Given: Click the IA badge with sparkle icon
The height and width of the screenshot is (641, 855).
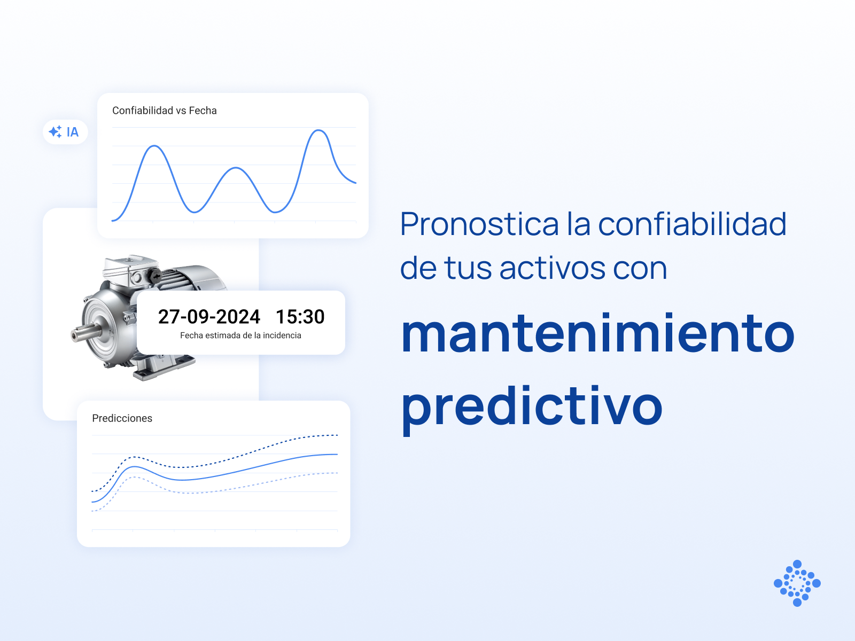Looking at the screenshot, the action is pos(65,132).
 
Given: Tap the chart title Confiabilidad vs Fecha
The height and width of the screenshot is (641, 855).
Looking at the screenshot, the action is pos(165,111).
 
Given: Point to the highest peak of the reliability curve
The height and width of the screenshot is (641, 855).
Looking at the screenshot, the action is pos(318,130).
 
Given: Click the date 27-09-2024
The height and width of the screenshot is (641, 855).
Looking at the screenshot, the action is pos(209,316).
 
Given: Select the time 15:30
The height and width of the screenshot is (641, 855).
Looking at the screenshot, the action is pos(300,316).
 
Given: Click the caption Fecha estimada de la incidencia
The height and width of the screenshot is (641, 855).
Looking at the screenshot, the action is pos(240,335).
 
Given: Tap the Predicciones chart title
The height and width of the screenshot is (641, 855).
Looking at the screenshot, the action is pos(122,418).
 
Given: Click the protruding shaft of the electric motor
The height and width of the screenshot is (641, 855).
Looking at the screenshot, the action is pos(84,333).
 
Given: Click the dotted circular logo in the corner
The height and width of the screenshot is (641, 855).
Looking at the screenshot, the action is pos(797,583).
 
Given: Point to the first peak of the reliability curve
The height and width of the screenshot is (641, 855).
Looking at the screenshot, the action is pos(154,146).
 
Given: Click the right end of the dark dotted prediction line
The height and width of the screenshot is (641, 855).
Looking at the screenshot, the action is pos(337,435).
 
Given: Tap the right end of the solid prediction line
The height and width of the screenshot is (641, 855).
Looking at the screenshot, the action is pos(337,454).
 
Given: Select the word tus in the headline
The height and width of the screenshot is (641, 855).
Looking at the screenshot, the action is pos(468,269).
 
